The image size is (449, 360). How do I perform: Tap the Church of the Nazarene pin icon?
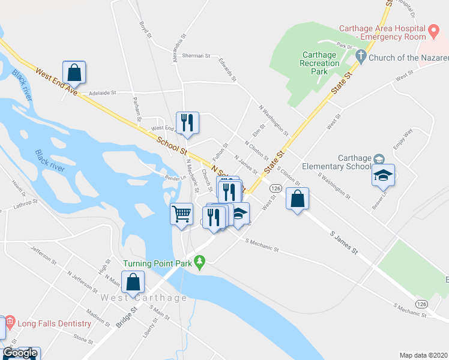361,58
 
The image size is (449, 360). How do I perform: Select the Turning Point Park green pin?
202,260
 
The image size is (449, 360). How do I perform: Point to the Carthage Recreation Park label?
320,62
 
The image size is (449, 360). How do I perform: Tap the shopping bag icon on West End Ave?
74,73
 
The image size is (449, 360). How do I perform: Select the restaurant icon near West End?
188,122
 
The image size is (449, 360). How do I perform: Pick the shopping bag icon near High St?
133,281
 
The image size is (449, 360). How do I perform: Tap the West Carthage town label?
136,298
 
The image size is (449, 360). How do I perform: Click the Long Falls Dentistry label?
54,324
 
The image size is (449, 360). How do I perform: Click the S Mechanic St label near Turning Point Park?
263,245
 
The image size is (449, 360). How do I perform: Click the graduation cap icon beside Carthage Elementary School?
383,175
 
